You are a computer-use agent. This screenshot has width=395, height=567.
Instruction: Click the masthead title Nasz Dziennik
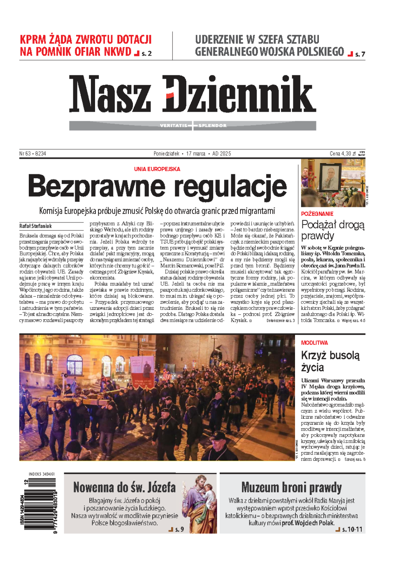tap(192, 94)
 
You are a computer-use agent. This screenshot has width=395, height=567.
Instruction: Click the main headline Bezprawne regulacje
tap(157, 186)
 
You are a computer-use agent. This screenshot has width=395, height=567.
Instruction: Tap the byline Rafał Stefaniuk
tap(35, 226)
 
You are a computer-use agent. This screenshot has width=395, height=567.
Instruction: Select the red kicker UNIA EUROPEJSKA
tap(157, 169)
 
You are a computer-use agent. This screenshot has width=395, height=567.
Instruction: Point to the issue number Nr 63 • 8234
tap(33, 154)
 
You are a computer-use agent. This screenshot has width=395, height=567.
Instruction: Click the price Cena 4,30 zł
tap(342, 154)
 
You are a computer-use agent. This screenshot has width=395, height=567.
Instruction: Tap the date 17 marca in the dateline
tap(195, 154)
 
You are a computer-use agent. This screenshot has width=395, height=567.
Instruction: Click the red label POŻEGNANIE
tap(317, 214)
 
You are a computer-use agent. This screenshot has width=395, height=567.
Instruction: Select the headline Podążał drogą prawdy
tap(332, 230)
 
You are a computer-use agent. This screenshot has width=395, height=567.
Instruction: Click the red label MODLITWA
tap(314, 343)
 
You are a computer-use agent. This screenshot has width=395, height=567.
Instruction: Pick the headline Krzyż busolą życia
tap(330, 361)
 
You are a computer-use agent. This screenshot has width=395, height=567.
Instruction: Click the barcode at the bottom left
tap(40, 506)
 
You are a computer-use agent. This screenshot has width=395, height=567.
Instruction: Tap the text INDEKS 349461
tap(42, 474)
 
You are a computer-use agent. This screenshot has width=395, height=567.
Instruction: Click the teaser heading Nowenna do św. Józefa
tap(124, 487)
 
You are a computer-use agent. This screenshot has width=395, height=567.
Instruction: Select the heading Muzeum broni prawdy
tap(291, 487)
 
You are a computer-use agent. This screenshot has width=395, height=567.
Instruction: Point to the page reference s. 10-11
tap(352, 530)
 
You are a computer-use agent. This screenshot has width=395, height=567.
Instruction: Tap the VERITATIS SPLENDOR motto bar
tap(193, 125)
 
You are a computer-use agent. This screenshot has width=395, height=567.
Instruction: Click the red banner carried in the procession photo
tap(142, 370)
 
